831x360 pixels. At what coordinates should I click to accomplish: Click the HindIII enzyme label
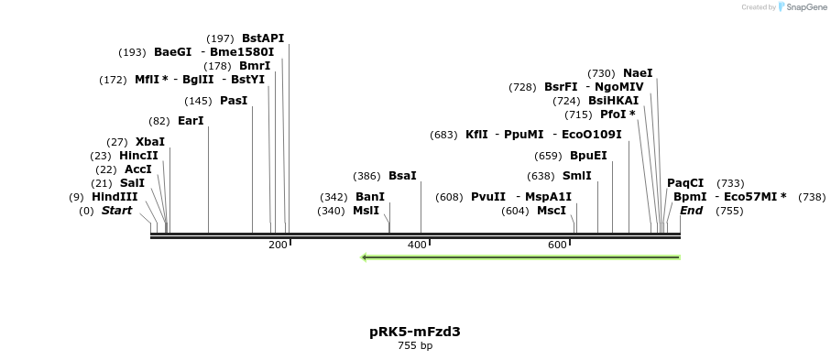pos(115,197)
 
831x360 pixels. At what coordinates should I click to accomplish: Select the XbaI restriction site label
pos(150,142)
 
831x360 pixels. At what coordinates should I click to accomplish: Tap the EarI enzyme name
pos(191,121)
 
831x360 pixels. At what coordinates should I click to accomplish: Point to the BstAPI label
pos(263,38)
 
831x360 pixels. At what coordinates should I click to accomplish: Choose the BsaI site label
pos(402,176)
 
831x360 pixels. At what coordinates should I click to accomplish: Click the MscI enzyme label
pos(552,211)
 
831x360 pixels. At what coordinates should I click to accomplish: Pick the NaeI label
pos(638,73)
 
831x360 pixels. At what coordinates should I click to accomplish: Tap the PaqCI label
pos(685,183)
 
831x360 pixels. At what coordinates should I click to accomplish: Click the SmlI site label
pos(576,176)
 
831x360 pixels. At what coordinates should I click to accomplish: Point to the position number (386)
pos(366,176)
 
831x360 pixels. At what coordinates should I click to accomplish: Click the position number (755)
pos(729,211)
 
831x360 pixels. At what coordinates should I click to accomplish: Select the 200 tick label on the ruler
pos(278,245)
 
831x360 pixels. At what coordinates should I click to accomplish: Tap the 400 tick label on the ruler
pos(417,245)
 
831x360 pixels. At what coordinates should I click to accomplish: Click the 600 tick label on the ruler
pos(557,245)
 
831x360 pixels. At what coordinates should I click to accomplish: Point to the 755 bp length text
pos(415,346)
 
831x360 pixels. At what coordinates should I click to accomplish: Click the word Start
pos(116,211)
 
